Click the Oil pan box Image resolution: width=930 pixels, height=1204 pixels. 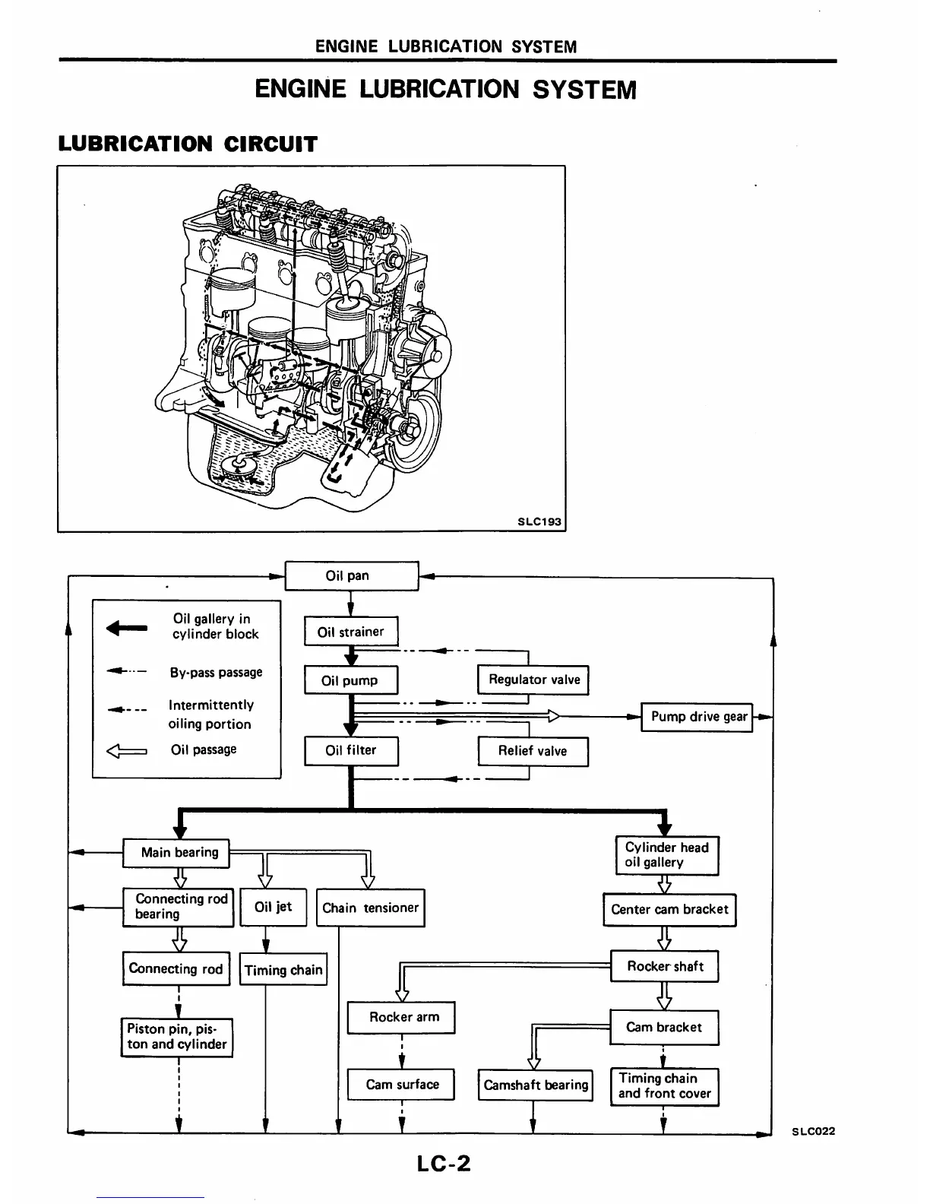351,575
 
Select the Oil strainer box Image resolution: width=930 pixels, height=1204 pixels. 351,632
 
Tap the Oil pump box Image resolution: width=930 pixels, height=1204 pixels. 350,680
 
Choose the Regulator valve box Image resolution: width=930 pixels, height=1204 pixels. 533,680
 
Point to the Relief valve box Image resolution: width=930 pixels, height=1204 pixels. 533,751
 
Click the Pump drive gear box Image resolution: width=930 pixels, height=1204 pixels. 697,717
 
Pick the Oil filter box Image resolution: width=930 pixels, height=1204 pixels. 351,750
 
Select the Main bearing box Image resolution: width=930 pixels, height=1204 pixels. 176,853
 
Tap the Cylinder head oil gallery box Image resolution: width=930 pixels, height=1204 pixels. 666,855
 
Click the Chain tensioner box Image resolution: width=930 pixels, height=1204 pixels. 370,908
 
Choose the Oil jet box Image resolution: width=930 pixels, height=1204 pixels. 273,907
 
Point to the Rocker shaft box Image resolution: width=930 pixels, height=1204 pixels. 665,966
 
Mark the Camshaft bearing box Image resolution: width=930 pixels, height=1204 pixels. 536,1085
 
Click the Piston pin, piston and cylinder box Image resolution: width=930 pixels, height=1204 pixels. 177,1037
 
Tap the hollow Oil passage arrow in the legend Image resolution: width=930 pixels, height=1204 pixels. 127,751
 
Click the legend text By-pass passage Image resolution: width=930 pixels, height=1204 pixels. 216,673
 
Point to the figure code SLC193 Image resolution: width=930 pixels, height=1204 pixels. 539,521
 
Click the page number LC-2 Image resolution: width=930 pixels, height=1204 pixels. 444,1164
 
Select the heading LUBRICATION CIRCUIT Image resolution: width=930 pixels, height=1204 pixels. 188,144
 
